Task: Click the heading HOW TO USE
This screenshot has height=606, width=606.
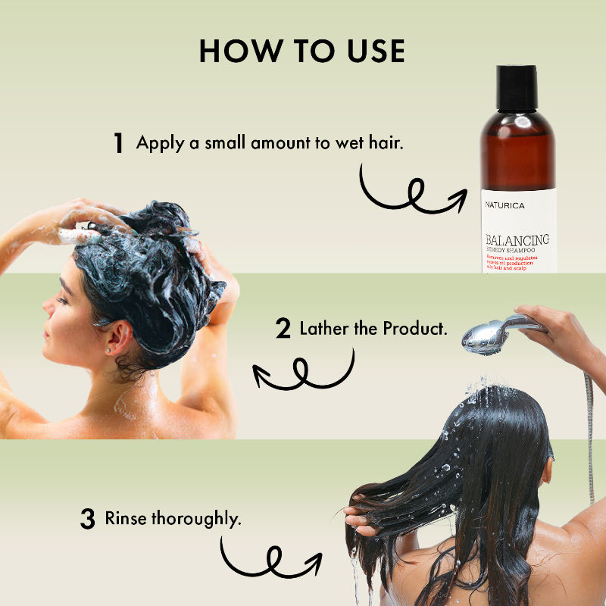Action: [x=302, y=50]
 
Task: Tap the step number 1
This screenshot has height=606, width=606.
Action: [x=118, y=143]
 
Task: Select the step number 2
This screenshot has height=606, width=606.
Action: [x=283, y=330]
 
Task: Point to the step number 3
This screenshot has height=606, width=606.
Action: [x=88, y=520]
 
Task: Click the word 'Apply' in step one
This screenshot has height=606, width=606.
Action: [x=160, y=142]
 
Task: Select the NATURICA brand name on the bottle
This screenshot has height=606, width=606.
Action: [x=505, y=205]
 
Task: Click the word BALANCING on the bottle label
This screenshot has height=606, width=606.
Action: [x=517, y=240]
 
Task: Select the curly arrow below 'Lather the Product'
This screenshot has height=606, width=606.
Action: [x=303, y=372]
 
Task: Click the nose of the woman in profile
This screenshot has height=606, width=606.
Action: [x=45, y=308]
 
